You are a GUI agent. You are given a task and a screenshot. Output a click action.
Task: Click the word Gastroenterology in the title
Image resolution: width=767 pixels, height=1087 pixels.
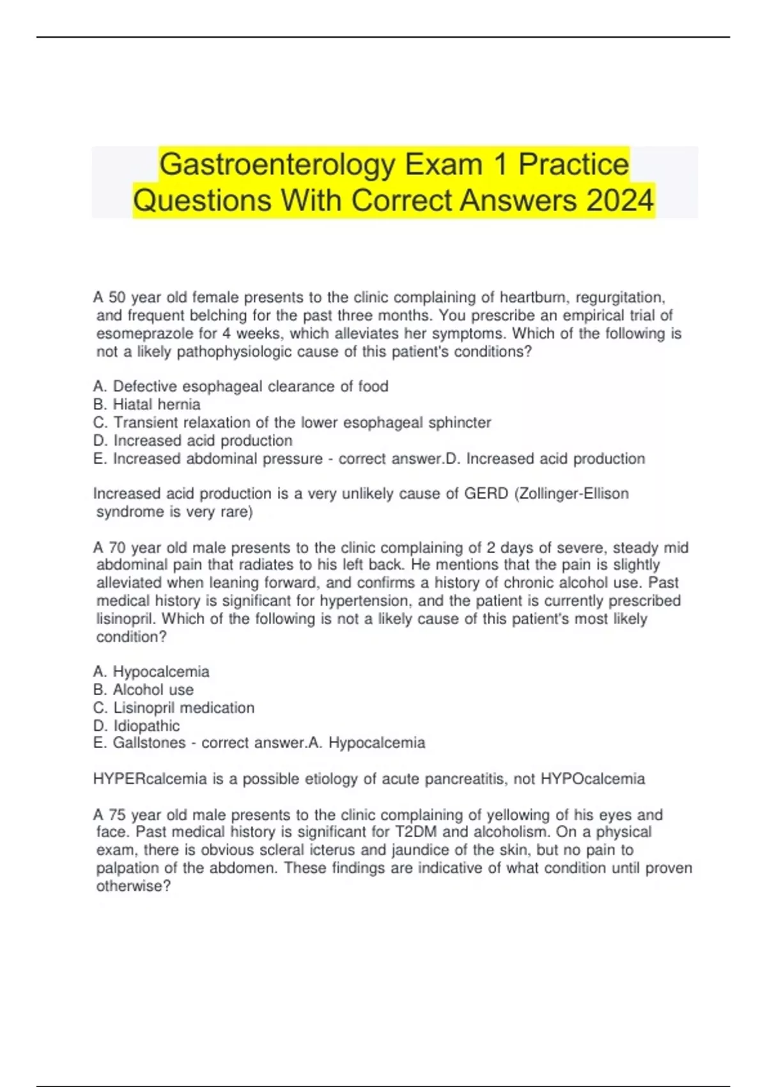click(277, 165)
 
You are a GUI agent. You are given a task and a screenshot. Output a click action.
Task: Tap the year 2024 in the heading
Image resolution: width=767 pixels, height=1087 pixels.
click(619, 201)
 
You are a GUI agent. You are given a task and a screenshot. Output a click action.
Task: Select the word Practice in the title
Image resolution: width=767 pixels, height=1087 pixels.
click(573, 165)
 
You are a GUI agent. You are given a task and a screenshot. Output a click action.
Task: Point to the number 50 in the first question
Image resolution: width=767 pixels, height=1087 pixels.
click(118, 297)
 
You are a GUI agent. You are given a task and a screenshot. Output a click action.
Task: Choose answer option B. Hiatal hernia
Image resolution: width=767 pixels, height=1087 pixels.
click(147, 405)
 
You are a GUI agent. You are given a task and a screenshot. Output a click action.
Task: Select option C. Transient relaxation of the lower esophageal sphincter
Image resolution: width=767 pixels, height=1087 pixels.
click(292, 423)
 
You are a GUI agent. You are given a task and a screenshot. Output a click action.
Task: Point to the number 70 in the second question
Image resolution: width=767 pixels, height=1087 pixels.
click(118, 548)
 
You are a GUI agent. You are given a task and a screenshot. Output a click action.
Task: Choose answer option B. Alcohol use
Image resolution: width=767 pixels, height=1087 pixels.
click(143, 690)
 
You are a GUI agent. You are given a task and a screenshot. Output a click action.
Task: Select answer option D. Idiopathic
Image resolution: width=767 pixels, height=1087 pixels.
click(137, 726)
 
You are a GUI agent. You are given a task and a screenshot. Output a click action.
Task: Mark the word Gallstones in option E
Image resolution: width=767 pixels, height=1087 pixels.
click(149, 743)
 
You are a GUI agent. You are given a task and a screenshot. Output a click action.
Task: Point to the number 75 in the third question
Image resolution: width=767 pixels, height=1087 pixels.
click(118, 815)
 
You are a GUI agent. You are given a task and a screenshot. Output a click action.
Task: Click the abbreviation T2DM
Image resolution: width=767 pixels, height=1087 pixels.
click(413, 832)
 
